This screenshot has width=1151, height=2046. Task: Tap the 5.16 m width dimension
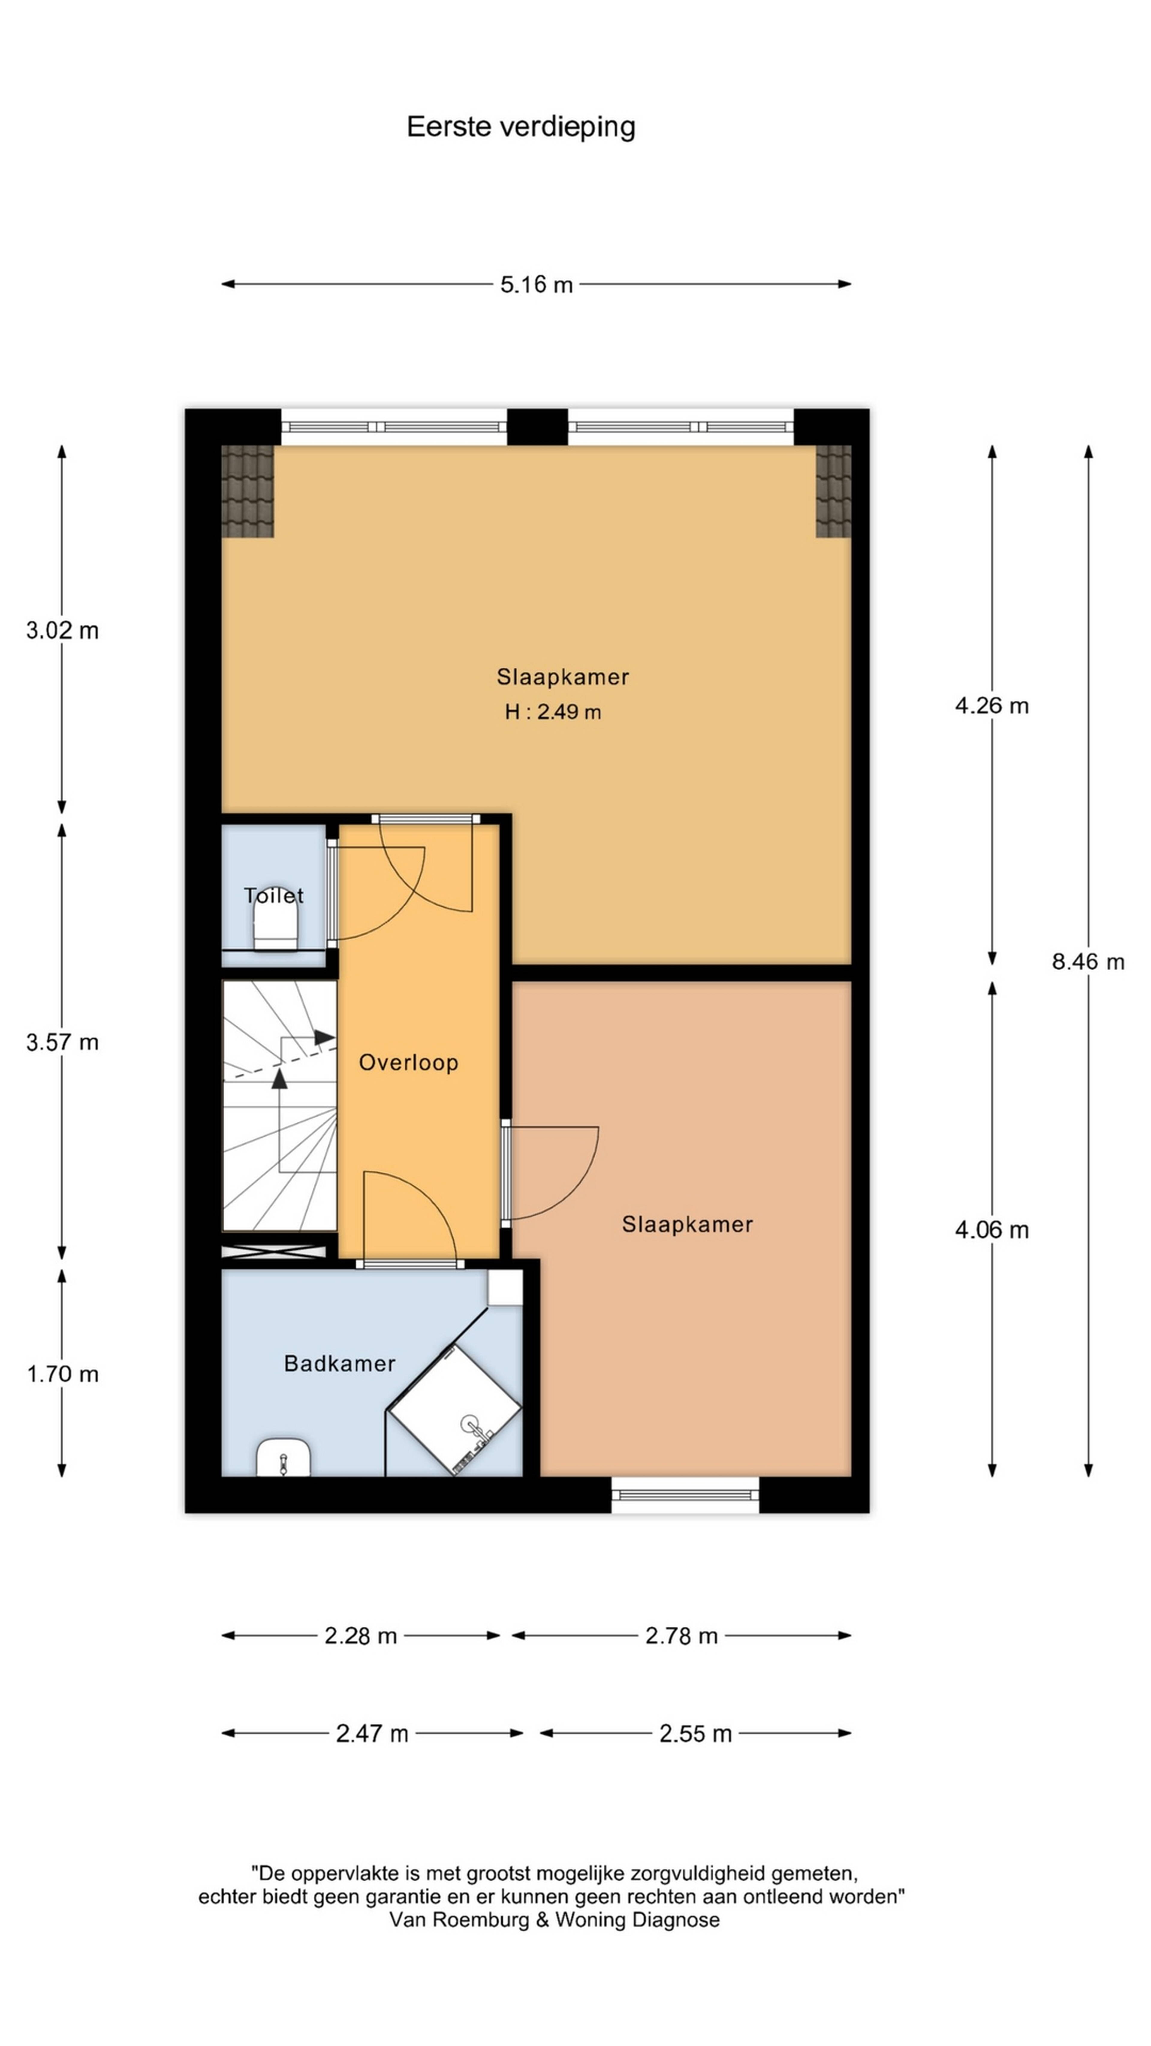click(x=536, y=284)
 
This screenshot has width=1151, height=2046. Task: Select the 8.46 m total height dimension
click(x=1087, y=962)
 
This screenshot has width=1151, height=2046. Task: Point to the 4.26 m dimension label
click(x=991, y=705)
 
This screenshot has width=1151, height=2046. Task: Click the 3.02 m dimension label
click(x=62, y=631)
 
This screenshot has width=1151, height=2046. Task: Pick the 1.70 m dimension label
click(x=62, y=1374)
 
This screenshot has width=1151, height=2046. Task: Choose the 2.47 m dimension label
click(x=372, y=1733)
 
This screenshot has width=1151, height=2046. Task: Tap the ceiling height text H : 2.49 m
click(x=553, y=712)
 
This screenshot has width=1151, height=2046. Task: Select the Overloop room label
click(x=408, y=1063)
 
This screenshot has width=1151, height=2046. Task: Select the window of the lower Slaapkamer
click(x=685, y=1495)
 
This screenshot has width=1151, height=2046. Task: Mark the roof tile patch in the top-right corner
click(x=833, y=491)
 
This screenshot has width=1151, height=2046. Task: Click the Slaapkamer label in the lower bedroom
click(x=687, y=1225)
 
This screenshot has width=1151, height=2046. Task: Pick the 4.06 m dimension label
click(x=991, y=1230)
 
